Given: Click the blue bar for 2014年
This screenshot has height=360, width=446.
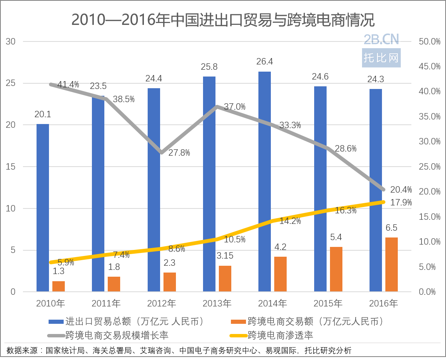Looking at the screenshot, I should pyautogui.click(x=264, y=181).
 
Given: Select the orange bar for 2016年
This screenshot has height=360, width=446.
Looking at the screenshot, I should pyautogui.click(x=391, y=264).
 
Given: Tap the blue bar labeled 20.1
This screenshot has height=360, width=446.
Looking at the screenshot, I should pyautogui.click(x=43, y=207).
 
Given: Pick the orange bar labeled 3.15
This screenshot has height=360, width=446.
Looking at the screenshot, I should pyautogui.click(x=225, y=278).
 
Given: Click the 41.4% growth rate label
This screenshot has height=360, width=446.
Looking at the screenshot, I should pyautogui.click(x=68, y=85).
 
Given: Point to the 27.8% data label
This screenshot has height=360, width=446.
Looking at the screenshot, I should pyautogui.click(x=179, y=153).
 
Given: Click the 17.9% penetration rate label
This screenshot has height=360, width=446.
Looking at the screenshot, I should pyautogui.click(x=401, y=202).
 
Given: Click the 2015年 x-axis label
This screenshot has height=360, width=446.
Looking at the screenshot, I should pyautogui.click(x=328, y=303).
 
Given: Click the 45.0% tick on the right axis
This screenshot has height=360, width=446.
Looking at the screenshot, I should pyautogui.click(x=429, y=67).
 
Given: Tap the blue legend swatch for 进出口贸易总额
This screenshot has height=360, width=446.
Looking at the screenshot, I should pyautogui.click(x=56, y=322).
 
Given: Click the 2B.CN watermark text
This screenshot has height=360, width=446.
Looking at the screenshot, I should pyautogui.click(x=381, y=39).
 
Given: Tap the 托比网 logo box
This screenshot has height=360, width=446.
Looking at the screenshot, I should pyautogui.click(x=381, y=58).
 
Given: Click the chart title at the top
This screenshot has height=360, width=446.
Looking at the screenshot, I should pyautogui.click(x=223, y=20).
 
